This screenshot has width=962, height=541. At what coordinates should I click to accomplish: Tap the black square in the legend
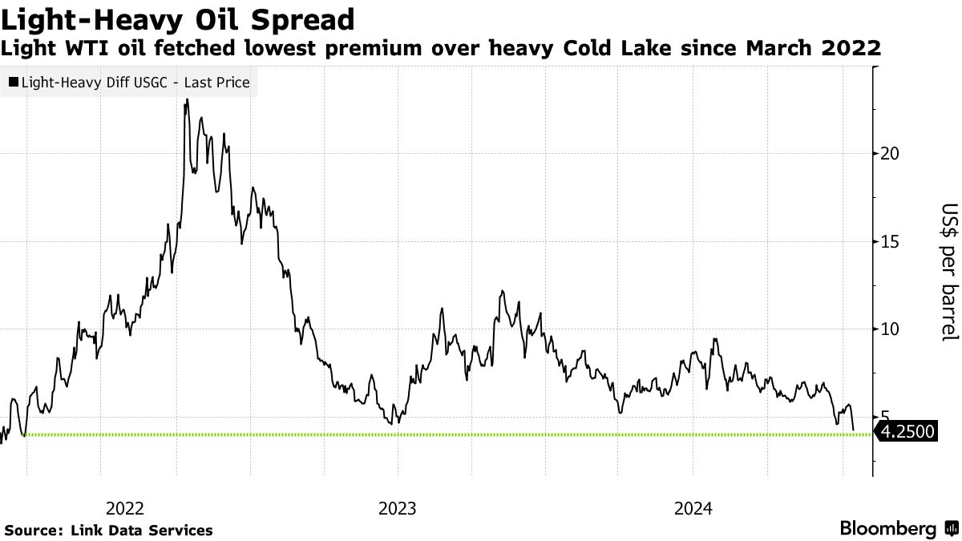coord(13,82)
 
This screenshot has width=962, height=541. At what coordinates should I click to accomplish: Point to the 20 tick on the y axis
coord(888,153)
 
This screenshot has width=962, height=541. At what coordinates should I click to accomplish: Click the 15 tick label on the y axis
coord(888,241)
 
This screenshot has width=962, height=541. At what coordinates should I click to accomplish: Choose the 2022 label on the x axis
coord(124,508)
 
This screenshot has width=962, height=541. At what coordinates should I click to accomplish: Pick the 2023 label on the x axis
coord(397,508)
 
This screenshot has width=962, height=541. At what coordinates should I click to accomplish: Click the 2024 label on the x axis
coord(693,508)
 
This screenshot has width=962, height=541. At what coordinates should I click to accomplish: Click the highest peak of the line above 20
coord(187,100)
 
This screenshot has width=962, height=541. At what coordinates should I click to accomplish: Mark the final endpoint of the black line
coord(853,430)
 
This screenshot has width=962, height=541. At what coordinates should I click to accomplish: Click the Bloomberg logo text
coord(887,529)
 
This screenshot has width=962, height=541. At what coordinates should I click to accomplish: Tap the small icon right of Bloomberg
coord(951,529)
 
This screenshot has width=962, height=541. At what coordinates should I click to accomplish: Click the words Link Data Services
coord(141,531)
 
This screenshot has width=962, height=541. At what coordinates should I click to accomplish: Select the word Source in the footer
coord(31,531)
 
